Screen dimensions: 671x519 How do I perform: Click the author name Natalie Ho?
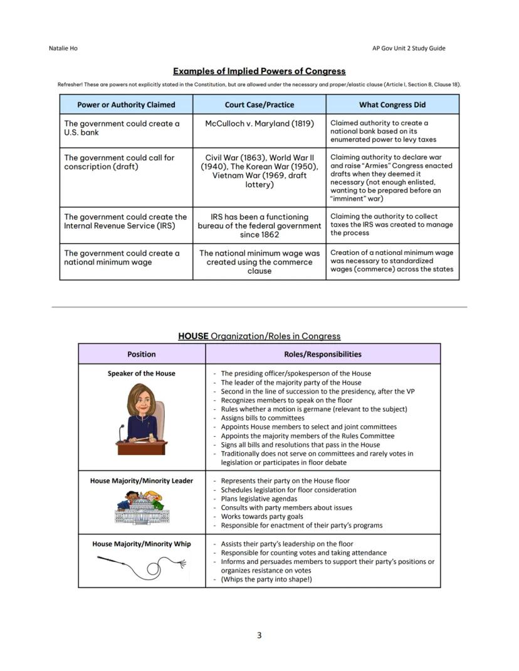coord(63,48)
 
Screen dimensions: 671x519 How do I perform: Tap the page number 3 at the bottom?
coord(259,635)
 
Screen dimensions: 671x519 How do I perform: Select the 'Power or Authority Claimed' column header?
coord(126,105)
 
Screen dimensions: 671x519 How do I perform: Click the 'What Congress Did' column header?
coord(392,105)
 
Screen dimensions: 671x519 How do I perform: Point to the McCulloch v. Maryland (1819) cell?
coord(259,123)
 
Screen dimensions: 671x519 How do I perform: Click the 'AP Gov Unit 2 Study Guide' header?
coord(408,48)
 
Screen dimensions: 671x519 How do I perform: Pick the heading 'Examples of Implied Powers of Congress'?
coord(259,71)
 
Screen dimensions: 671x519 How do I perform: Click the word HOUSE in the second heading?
coord(193,336)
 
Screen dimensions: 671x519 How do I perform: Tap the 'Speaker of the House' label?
coord(142,373)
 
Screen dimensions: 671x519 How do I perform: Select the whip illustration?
coord(142,565)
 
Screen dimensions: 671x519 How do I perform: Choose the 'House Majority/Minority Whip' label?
coord(142,544)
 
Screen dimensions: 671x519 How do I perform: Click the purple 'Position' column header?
coord(142,354)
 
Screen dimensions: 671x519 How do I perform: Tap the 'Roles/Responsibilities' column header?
coord(322,354)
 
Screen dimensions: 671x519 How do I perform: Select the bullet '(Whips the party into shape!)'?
coord(266,580)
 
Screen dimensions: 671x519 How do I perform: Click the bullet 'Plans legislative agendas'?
coord(259,499)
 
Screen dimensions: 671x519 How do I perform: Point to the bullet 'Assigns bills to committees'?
coord(263,418)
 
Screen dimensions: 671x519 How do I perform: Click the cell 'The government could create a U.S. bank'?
coord(122,128)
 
